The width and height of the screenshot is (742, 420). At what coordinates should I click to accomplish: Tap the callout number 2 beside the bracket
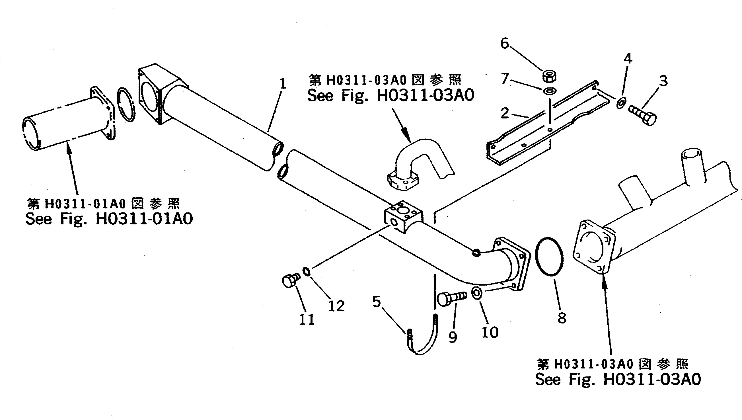pos(505,113)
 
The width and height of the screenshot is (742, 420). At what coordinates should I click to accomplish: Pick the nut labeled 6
pos(549,76)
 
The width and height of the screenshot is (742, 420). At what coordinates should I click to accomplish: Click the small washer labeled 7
pos(549,91)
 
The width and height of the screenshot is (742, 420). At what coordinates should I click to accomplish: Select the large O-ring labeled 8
pos(549,257)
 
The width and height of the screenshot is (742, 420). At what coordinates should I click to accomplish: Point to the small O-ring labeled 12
pos(307,272)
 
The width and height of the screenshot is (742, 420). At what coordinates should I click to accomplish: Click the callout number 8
pos(562,318)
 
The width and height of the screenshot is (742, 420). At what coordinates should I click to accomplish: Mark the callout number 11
pos(307,319)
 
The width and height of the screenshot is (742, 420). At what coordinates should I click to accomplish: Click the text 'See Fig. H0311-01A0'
pos(109,219)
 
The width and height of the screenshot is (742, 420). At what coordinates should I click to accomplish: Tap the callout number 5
pos(377,302)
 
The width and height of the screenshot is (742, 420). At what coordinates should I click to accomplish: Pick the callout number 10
pos(490,333)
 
